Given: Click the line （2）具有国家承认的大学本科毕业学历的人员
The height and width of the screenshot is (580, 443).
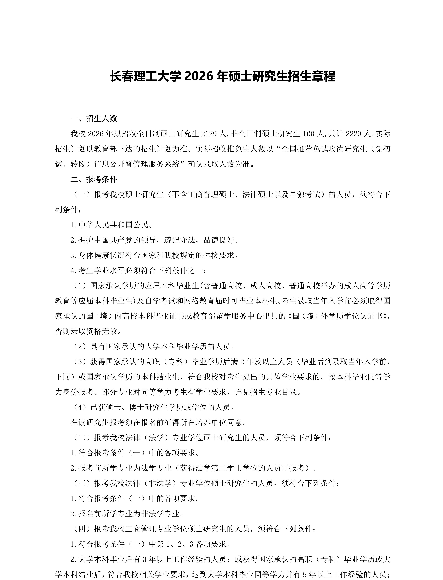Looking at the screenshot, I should [x=154, y=346].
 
